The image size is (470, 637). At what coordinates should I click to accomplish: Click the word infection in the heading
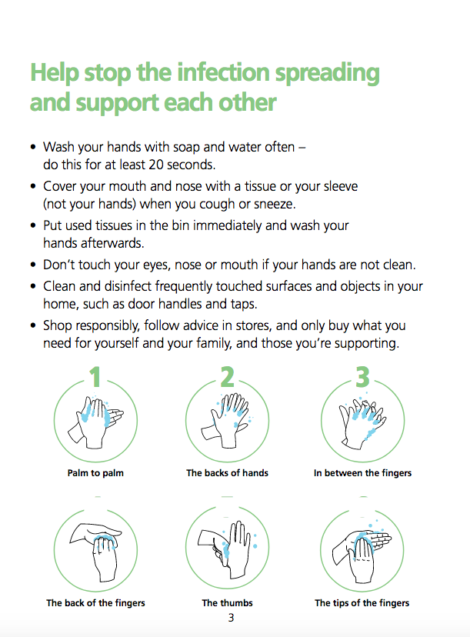(223, 73)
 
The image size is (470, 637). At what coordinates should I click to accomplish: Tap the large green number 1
(95, 377)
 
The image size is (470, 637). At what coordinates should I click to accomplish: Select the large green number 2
(227, 377)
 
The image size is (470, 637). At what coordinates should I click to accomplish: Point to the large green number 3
(362, 377)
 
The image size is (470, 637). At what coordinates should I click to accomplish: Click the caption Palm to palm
(95, 473)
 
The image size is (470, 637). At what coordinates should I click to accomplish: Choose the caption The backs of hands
(227, 473)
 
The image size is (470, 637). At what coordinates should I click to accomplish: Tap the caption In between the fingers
(362, 473)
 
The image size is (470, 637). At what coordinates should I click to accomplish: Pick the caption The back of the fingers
(95, 603)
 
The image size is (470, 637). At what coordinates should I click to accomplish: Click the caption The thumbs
(227, 603)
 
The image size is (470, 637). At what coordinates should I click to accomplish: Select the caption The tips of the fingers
(362, 603)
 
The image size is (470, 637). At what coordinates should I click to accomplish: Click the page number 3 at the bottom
(231, 618)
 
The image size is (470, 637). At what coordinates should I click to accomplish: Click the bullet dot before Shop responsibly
(33, 326)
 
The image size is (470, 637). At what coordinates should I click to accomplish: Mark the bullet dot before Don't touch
(33, 265)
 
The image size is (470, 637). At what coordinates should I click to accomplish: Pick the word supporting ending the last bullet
(366, 344)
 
